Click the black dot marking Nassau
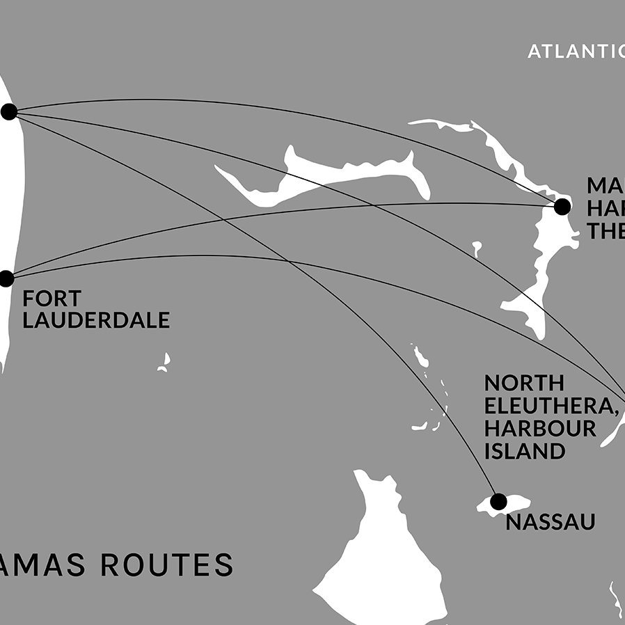498,501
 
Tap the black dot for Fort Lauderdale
6,278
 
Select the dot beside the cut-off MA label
562,206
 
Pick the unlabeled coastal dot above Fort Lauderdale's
9,111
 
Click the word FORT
52,299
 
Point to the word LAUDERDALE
96,320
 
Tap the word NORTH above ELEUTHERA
524,383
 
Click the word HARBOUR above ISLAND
540,428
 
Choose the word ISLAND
524,450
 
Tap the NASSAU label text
551,522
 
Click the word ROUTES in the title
167,564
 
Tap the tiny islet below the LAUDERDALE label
164,363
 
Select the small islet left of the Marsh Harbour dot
477,248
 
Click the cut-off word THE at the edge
604,230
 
